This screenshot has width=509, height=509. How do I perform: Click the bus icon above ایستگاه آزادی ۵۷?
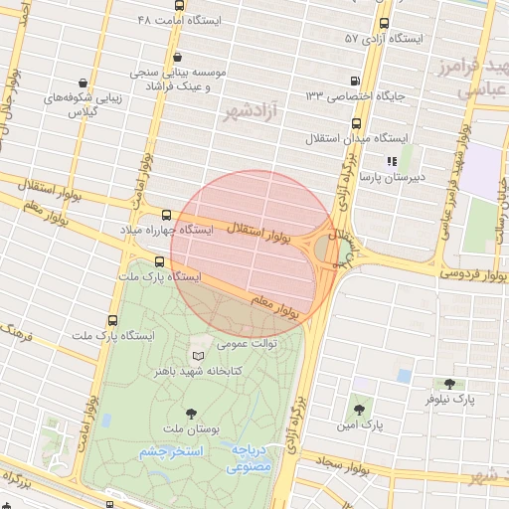coord(385,23)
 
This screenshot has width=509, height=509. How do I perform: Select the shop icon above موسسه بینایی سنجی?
coord(177,58)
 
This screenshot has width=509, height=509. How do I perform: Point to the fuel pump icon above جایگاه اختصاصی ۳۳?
coord(356,81)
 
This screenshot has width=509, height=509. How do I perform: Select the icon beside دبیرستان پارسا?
coord(393,160)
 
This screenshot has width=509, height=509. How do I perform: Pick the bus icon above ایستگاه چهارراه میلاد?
coord(165,215)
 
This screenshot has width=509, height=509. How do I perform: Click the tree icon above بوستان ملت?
coord(190,413)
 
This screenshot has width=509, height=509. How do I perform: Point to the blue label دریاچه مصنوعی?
coord(251,457)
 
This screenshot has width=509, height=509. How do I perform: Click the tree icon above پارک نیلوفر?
coord(449,384)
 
